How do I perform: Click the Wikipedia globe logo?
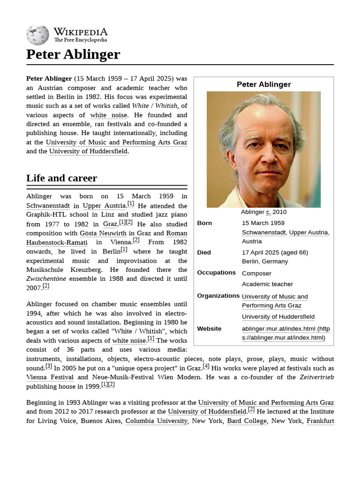point(37,35)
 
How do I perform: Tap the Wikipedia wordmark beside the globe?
point(80,32)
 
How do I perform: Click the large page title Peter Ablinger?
point(73,54)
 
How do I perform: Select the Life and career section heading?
point(61,178)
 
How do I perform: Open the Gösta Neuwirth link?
point(103,233)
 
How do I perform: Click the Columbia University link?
point(156,421)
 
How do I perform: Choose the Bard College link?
point(247,421)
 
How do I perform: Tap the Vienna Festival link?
point(50,377)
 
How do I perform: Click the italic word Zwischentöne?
point(46,279)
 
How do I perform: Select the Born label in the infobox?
point(204,223)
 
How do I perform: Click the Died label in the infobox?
point(204,253)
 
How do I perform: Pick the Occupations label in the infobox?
point(216,273)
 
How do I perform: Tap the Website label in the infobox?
point(209,329)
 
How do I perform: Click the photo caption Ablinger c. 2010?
point(263,212)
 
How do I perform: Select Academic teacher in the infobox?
point(267,284)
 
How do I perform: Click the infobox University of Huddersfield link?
point(278,317)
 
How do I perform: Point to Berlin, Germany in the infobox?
point(265,262)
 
